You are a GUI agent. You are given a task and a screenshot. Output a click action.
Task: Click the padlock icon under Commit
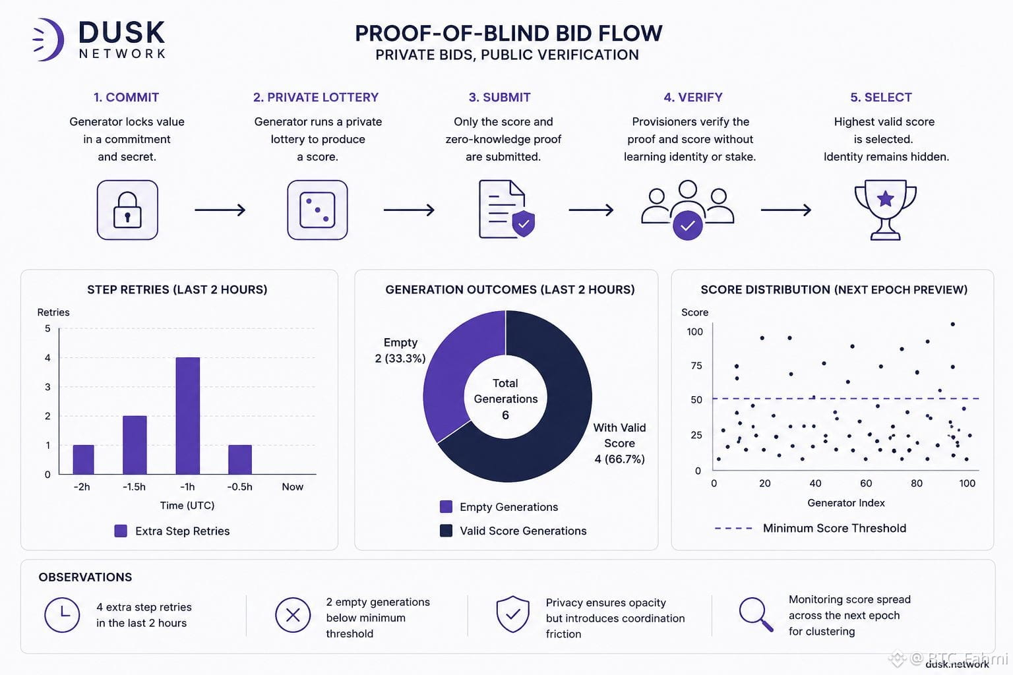(x=127, y=210)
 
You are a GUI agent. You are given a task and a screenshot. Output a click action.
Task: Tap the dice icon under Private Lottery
(x=317, y=210)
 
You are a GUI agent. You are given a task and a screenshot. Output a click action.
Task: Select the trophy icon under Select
(x=885, y=210)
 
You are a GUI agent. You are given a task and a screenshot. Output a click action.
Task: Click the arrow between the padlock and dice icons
(x=220, y=210)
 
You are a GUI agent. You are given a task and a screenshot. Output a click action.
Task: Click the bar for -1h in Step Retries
(x=188, y=415)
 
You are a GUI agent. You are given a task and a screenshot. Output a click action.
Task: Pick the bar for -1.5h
(x=135, y=445)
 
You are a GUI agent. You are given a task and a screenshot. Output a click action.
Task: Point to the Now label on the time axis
(x=292, y=487)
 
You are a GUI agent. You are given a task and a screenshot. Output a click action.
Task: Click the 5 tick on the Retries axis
(x=47, y=328)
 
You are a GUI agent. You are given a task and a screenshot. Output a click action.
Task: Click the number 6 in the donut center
(x=506, y=415)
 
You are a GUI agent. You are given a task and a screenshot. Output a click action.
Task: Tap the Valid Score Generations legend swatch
(x=446, y=531)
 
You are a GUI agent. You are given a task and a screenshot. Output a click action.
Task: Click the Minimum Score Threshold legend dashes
(x=733, y=528)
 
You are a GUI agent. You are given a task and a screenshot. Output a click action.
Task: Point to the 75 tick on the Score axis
(x=696, y=365)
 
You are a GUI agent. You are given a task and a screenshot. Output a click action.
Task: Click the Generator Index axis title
(x=845, y=503)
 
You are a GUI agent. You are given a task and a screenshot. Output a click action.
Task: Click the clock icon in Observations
(x=62, y=615)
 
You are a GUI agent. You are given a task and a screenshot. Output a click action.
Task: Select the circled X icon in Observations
(x=293, y=615)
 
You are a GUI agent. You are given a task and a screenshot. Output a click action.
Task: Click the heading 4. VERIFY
(x=693, y=97)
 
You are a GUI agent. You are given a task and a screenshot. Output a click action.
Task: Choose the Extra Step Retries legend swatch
(x=121, y=531)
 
